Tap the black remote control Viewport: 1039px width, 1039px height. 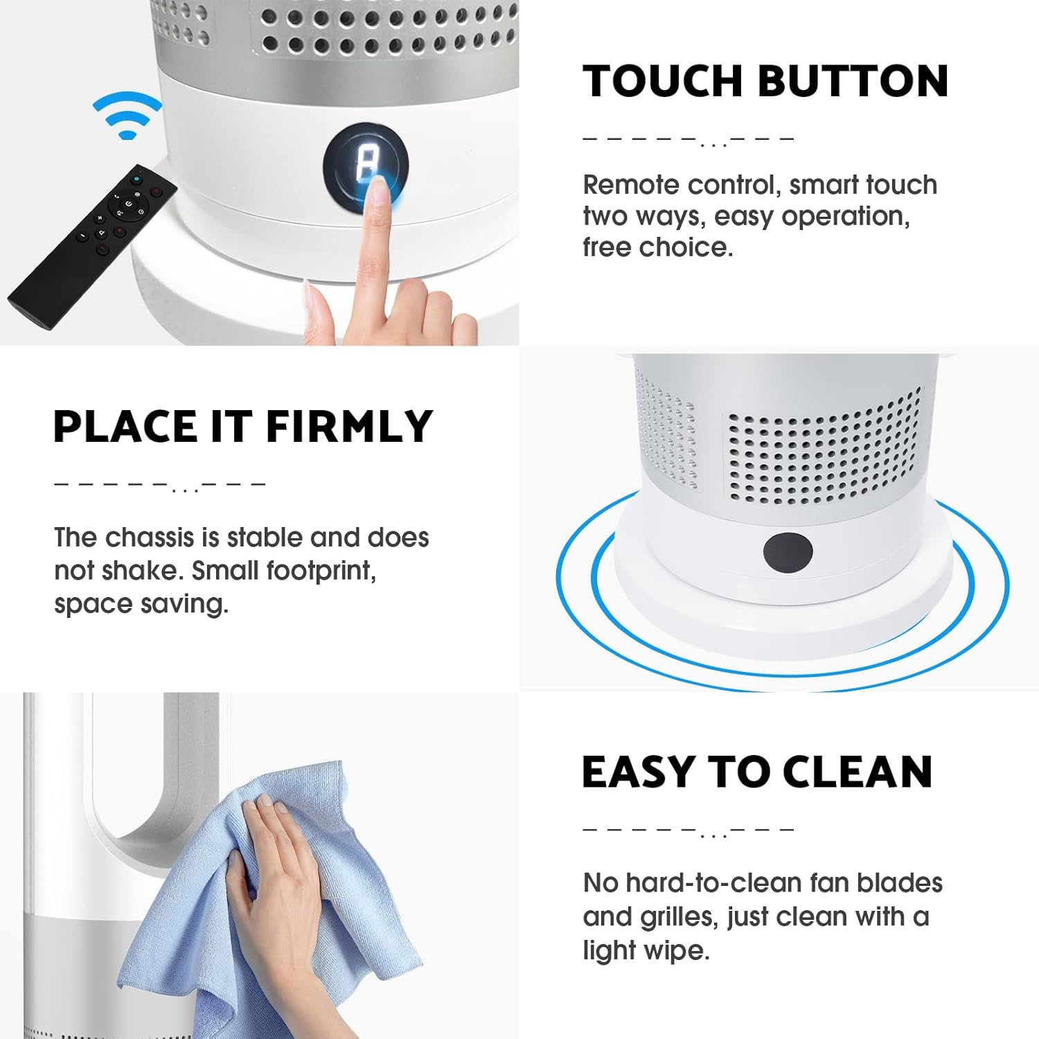91,245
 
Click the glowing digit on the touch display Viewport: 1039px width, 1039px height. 366,162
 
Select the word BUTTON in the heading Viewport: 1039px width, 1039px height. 853,81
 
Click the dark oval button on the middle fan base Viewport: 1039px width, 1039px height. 788,552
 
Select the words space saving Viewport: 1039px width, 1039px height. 141,605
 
